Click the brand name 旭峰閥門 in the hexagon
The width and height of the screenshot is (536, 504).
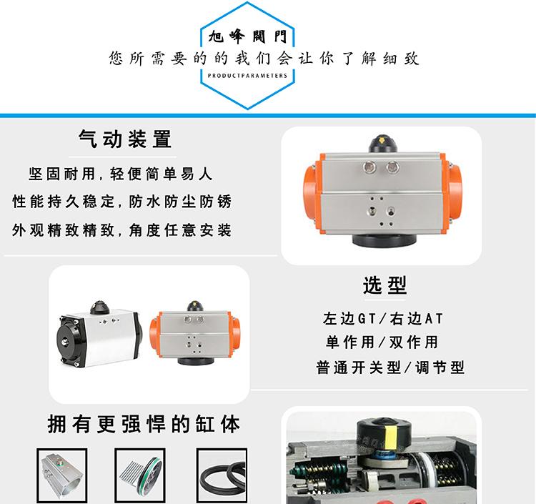pyautogui.click(x=247, y=36)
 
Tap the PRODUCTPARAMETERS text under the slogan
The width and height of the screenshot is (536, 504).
pyautogui.click(x=247, y=76)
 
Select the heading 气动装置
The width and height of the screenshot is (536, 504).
pyautogui.click(x=125, y=139)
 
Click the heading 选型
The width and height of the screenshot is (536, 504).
pyautogui.click(x=385, y=285)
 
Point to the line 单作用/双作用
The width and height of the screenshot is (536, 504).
pyautogui.click(x=382, y=342)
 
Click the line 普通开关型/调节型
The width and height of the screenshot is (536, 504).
pyautogui.click(x=390, y=368)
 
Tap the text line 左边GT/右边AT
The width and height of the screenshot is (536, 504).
pyautogui.click(x=383, y=319)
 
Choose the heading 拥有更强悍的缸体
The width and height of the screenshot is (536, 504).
pyautogui.click(x=144, y=424)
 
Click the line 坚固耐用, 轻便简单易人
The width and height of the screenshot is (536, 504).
pyautogui.click(x=121, y=174)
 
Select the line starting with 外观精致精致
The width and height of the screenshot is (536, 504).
pyautogui.click(x=121, y=230)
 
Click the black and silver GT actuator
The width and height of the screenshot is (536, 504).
pyautogui.click(x=99, y=335)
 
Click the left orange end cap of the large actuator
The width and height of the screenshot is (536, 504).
pyautogui.click(x=312, y=194)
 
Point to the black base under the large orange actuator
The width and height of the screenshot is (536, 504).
pyautogui.click(x=384, y=240)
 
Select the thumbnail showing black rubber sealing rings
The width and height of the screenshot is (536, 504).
pyautogui.click(x=222, y=475)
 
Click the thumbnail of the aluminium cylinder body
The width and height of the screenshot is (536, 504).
pyautogui.click(x=62, y=475)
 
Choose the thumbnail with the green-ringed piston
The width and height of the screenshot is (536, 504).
pyautogui.click(x=140, y=475)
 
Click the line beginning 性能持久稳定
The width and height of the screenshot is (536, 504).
pyautogui.click(x=122, y=202)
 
